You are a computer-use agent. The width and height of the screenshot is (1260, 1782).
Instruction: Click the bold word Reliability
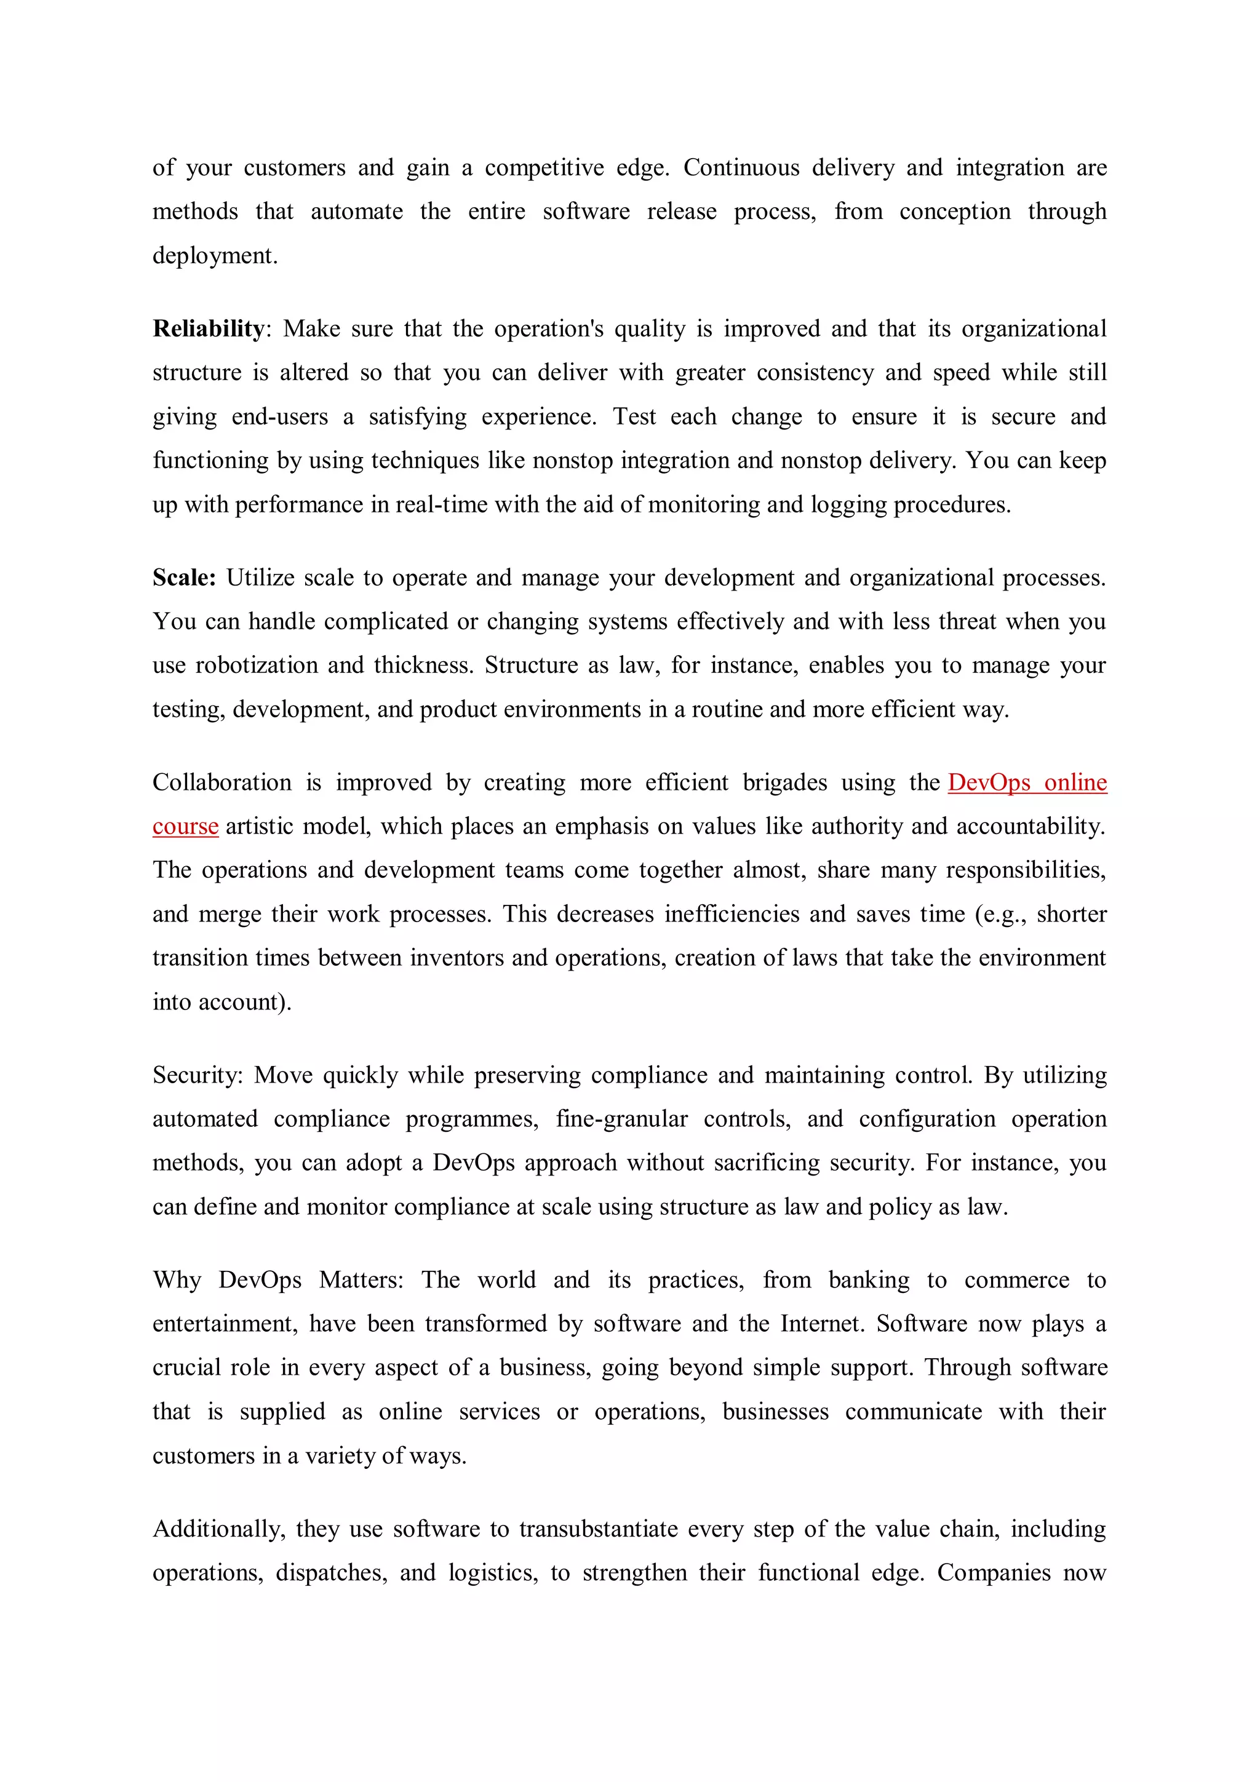[x=208, y=329]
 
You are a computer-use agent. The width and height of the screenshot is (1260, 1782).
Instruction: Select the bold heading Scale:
[x=184, y=578]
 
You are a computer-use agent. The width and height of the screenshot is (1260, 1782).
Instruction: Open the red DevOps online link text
[x=1027, y=782]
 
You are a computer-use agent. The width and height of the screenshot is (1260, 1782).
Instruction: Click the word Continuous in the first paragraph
[x=741, y=168]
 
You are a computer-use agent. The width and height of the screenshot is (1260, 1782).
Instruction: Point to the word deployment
[x=214, y=255]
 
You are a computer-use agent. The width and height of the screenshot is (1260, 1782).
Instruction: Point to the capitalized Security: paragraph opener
[x=198, y=1075]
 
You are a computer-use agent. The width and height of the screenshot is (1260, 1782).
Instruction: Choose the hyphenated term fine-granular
[x=621, y=1119]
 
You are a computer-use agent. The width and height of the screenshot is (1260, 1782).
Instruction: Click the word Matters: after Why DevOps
[x=361, y=1280]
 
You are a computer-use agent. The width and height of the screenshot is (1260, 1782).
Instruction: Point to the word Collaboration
[x=222, y=782]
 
